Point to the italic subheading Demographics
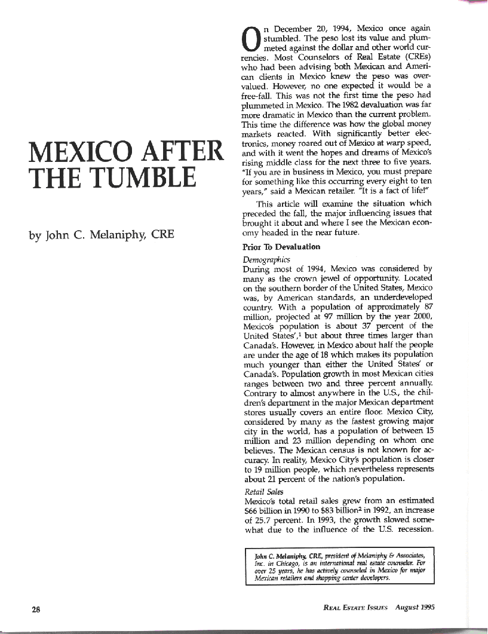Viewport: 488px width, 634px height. tap(266, 260)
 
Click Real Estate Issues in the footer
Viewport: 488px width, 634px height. tap(356, 608)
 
